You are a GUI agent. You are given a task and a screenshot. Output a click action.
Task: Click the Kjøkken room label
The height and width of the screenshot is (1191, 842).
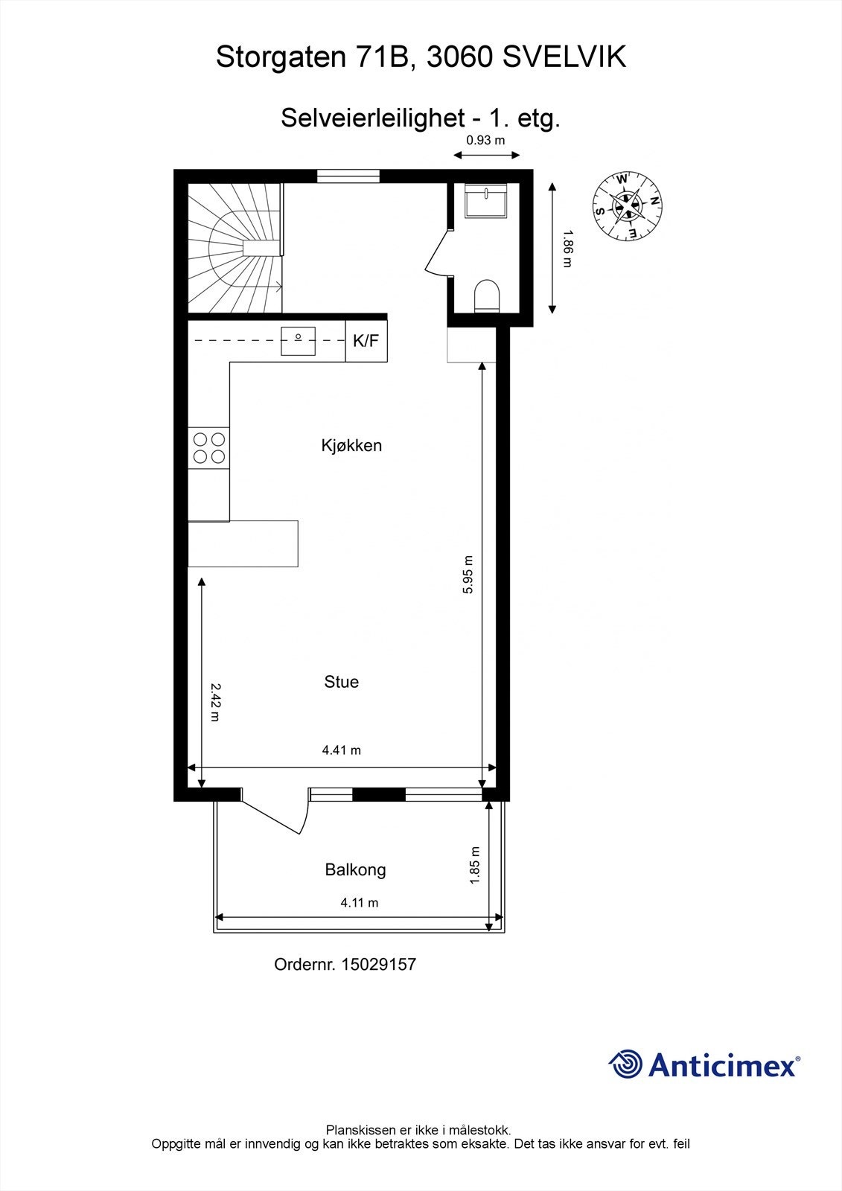(351, 445)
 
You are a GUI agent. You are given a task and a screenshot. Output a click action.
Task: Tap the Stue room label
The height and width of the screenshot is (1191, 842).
(341, 682)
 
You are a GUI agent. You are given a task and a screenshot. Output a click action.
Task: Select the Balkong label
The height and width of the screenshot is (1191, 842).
(355, 869)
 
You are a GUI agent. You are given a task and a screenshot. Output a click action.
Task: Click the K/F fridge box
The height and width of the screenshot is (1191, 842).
(366, 341)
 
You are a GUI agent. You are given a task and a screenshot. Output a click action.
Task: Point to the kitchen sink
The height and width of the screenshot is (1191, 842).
(298, 341)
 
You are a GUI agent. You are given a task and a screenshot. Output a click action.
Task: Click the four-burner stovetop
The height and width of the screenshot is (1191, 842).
(208, 447)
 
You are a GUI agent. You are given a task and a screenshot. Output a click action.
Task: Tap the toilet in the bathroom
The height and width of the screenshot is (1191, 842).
(488, 296)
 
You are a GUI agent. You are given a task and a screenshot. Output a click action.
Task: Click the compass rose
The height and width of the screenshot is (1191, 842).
(627, 207)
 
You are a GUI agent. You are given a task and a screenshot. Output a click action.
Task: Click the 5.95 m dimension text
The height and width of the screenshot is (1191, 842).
(468, 575)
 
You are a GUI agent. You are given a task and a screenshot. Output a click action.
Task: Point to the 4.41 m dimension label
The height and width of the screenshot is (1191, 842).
(341, 750)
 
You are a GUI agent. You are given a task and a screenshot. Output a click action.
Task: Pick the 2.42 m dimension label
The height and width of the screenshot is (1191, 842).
(215, 702)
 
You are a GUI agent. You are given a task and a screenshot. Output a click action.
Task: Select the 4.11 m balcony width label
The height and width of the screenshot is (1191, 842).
(360, 903)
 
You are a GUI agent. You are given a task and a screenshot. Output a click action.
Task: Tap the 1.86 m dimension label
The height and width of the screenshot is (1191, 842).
(567, 249)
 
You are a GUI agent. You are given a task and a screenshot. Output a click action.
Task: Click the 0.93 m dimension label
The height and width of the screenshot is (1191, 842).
(485, 140)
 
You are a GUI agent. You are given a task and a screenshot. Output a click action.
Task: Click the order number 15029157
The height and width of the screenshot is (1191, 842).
(378, 965)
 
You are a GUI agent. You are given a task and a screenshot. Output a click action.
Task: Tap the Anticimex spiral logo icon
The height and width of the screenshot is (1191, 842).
(625, 1064)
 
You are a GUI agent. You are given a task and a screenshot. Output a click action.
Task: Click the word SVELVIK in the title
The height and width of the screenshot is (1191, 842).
(564, 57)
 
